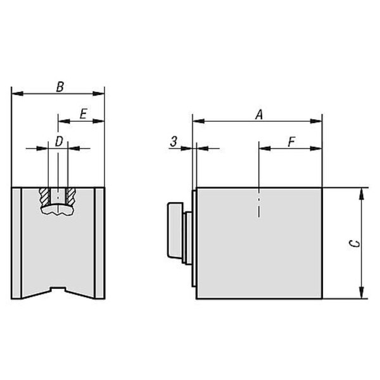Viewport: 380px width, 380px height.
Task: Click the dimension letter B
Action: (x=60, y=87)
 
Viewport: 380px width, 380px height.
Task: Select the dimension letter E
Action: (x=84, y=113)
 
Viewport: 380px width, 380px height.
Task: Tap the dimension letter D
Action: (x=59, y=141)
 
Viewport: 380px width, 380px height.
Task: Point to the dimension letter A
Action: (x=259, y=115)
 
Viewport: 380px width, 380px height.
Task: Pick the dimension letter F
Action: (x=291, y=142)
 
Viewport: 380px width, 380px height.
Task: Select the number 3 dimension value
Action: (x=174, y=142)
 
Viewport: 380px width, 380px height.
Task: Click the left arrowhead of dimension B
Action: (x=18, y=93)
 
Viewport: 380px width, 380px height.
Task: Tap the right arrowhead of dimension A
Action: (x=316, y=121)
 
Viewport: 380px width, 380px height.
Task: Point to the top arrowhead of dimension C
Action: (x=362, y=194)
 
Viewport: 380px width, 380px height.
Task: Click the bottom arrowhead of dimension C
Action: (x=362, y=293)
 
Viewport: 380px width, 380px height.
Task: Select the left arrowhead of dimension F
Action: (x=265, y=148)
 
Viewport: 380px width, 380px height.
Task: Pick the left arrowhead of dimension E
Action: (x=64, y=121)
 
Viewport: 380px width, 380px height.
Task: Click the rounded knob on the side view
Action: (x=175, y=230)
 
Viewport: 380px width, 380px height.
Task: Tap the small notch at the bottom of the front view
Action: (x=58, y=289)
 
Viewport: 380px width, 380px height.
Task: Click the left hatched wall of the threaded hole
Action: (x=44, y=196)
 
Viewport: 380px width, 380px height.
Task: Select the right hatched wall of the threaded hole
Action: (x=71, y=196)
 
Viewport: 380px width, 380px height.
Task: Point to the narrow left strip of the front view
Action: (x=16, y=243)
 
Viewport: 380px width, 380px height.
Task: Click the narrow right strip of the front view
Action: (x=99, y=243)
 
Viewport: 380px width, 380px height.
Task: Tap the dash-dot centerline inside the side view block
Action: (x=259, y=203)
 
